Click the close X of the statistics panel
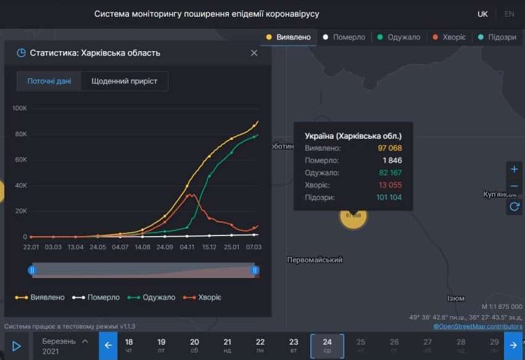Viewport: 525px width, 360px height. tap(254, 53)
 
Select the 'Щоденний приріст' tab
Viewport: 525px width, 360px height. tap(124, 81)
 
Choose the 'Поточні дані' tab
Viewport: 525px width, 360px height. tap(49, 81)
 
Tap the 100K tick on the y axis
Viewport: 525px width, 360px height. tap(20, 108)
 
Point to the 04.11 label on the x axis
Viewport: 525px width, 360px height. tap(188, 247)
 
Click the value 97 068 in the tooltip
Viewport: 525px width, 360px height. tap(389, 149)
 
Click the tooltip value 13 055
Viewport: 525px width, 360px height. tap(389, 185)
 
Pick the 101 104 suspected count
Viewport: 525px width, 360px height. tap(389, 197)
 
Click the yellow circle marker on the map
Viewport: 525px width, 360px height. tap(353, 215)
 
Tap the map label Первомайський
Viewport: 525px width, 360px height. tap(315, 261)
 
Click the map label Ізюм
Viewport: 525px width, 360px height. tap(456, 298)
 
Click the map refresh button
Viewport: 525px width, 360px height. tap(514, 207)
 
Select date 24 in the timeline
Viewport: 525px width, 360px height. tap(327, 346)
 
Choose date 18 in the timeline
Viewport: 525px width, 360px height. tap(129, 346)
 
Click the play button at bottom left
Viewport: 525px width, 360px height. tap(17, 346)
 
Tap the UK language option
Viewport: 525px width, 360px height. tap(482, 14)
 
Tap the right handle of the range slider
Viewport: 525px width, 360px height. tap(255, 270)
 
